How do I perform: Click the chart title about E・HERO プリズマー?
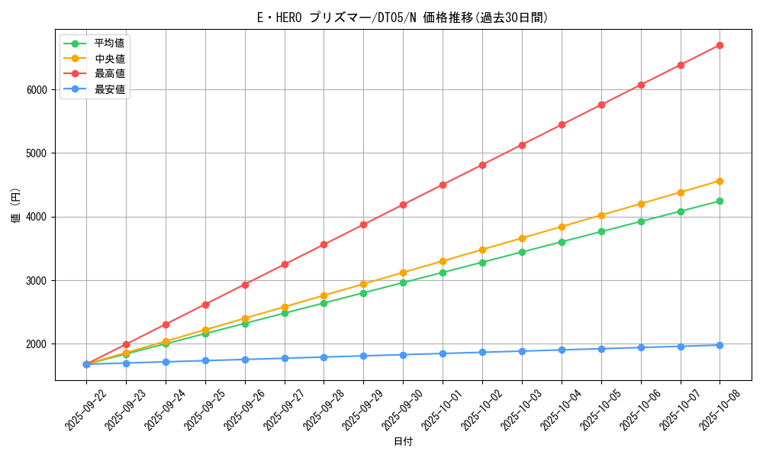[x=403, y=18]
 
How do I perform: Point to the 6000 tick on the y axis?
[x=36, y=89]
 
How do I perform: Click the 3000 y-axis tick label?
[x=36, y=280]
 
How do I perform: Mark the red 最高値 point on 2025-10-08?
[x=720, y=46]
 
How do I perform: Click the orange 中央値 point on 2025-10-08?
[x=720, y=181]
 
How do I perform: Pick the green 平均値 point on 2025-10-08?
[x=720, y=202]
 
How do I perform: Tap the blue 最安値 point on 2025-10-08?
[x=720, y=345]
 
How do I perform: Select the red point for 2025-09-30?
[x=403, y=205]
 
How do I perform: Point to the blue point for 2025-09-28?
[x=324, y=357]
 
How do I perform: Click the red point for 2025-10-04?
[x=562, y=124]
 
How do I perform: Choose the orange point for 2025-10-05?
[x=601, y=215]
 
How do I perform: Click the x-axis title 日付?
[x=403, y=442]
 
